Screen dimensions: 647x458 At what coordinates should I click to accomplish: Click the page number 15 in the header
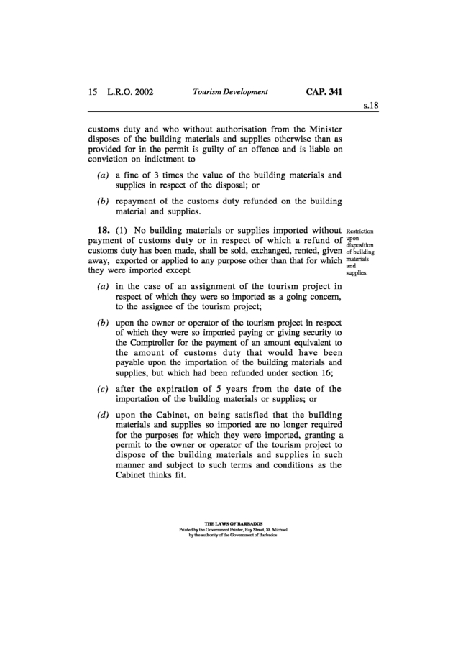click(x=92, y=92)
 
